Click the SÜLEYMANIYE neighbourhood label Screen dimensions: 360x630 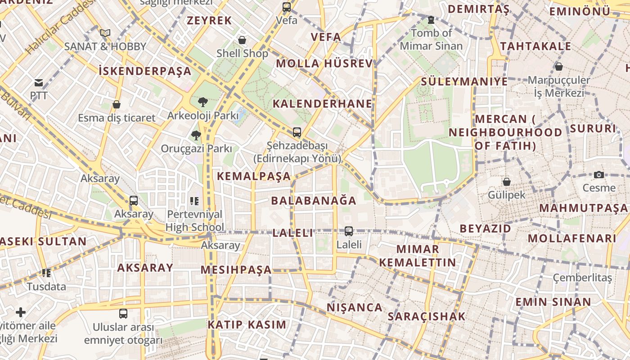(x=464, y=81)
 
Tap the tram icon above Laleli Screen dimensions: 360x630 (x=349, y=231)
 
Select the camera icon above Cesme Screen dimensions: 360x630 (x=599, y=175)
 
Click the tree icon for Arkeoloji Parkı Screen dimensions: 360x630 (x=203, y=102)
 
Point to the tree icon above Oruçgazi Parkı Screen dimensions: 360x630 (x=196, y=135)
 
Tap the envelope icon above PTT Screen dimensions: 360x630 (x=39, y=83)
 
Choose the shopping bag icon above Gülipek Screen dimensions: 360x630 (x=507, y=182)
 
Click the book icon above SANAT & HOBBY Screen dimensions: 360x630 (x=105, y=33)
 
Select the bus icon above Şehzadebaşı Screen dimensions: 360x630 (x=297, y=132)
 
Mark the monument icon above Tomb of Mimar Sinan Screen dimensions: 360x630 (x=431, y=20)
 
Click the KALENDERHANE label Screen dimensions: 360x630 (x=323, y=104)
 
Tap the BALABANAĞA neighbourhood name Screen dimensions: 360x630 (x=314, y=200)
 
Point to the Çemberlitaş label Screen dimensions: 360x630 (x=582, y=278)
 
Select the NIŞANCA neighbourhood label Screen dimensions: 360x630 (x=355, y=307)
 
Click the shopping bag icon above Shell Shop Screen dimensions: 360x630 (x=242, y=40)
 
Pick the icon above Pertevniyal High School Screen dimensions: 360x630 (x=194, y=201)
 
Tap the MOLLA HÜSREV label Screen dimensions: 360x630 (x=324, y=63)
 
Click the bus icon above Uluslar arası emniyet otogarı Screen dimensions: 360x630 (x=123, y=314)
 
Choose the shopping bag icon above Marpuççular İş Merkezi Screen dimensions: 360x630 (x=558, y=67)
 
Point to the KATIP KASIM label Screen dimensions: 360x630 (x=247, y=324)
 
